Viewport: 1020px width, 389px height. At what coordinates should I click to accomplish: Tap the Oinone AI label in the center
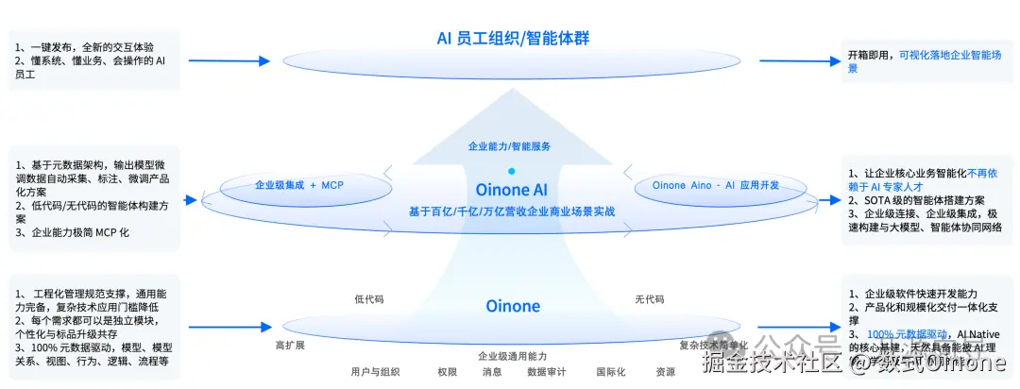pos(511,190)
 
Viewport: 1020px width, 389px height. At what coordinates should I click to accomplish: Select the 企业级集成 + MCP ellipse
pos(299,185)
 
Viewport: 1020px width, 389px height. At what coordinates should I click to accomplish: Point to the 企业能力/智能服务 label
pos(510,146)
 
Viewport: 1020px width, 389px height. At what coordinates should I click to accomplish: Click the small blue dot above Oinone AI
pos(511,171)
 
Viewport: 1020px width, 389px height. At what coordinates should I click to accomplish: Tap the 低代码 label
pos(369,299)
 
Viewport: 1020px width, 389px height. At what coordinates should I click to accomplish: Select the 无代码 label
pos(649,299)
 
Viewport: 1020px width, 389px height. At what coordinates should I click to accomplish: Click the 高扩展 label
pos(290,345)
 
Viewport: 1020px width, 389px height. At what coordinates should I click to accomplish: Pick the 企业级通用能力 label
pos(512,356)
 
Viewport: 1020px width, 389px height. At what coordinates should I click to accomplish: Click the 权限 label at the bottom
pos(447,372)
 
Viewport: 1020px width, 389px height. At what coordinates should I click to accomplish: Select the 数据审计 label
pos(546,372)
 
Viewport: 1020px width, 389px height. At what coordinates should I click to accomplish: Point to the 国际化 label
pos(610,372)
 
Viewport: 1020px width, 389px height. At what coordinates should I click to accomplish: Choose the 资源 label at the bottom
pos(666,372)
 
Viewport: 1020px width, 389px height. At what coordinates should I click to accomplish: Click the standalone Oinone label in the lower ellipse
pos(513,306)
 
